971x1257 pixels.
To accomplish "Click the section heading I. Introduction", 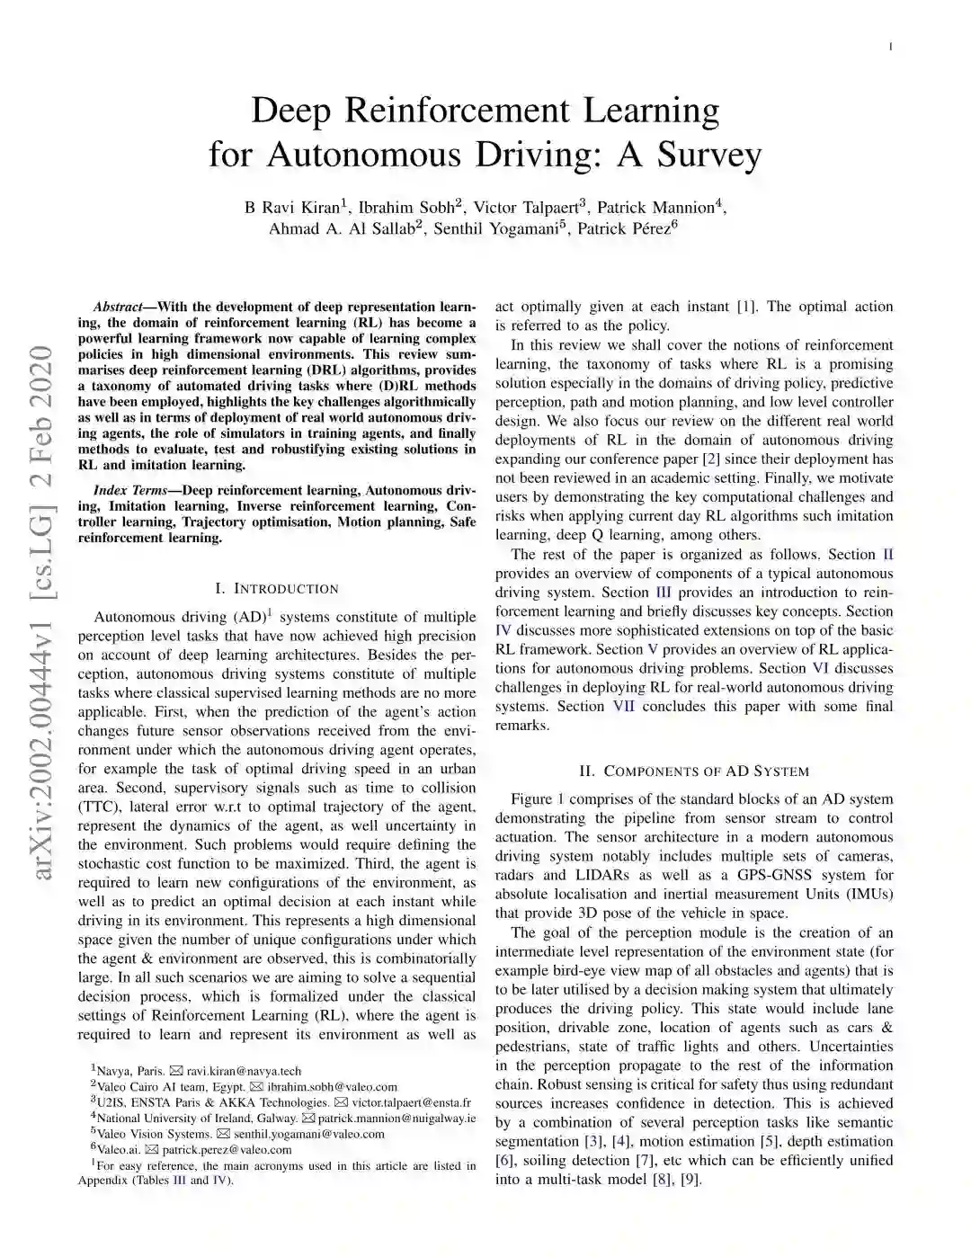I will click(x=277, y=589).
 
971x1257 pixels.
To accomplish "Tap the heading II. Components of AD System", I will click(x=694, y=771).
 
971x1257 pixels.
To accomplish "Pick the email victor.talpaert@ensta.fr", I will click(x=411, y=1103).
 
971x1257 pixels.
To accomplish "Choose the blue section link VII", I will click(x=623, y=707).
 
